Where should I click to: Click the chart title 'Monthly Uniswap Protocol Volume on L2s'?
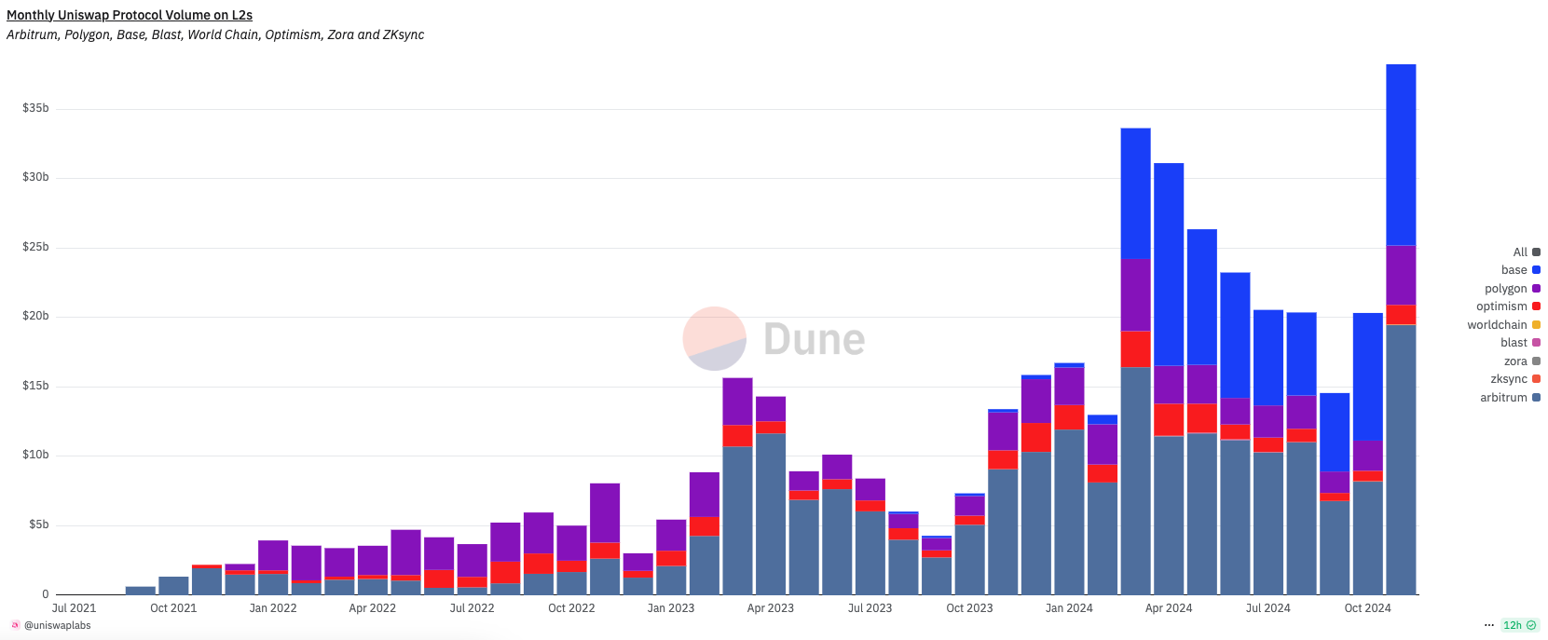(x=130, y=15)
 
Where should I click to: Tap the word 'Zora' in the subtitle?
(x=340, y=34)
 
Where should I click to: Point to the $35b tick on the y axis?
(x=35, y=108)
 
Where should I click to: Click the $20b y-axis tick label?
(x=35, y=317)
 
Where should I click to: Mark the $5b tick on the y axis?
(x=38, y=524)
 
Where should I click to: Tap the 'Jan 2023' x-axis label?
(x=671, y=608)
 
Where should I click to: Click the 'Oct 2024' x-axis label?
(x=1367, y=608)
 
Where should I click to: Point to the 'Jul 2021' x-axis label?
(x=74, y=608)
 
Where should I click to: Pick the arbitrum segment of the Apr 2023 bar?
(x=771, y=513)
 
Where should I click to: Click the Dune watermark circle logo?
(x=715, y=338)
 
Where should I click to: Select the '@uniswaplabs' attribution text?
(x=58, y=626)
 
